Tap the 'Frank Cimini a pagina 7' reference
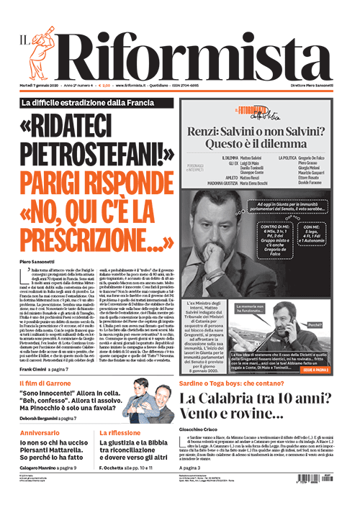tap(48, 369)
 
